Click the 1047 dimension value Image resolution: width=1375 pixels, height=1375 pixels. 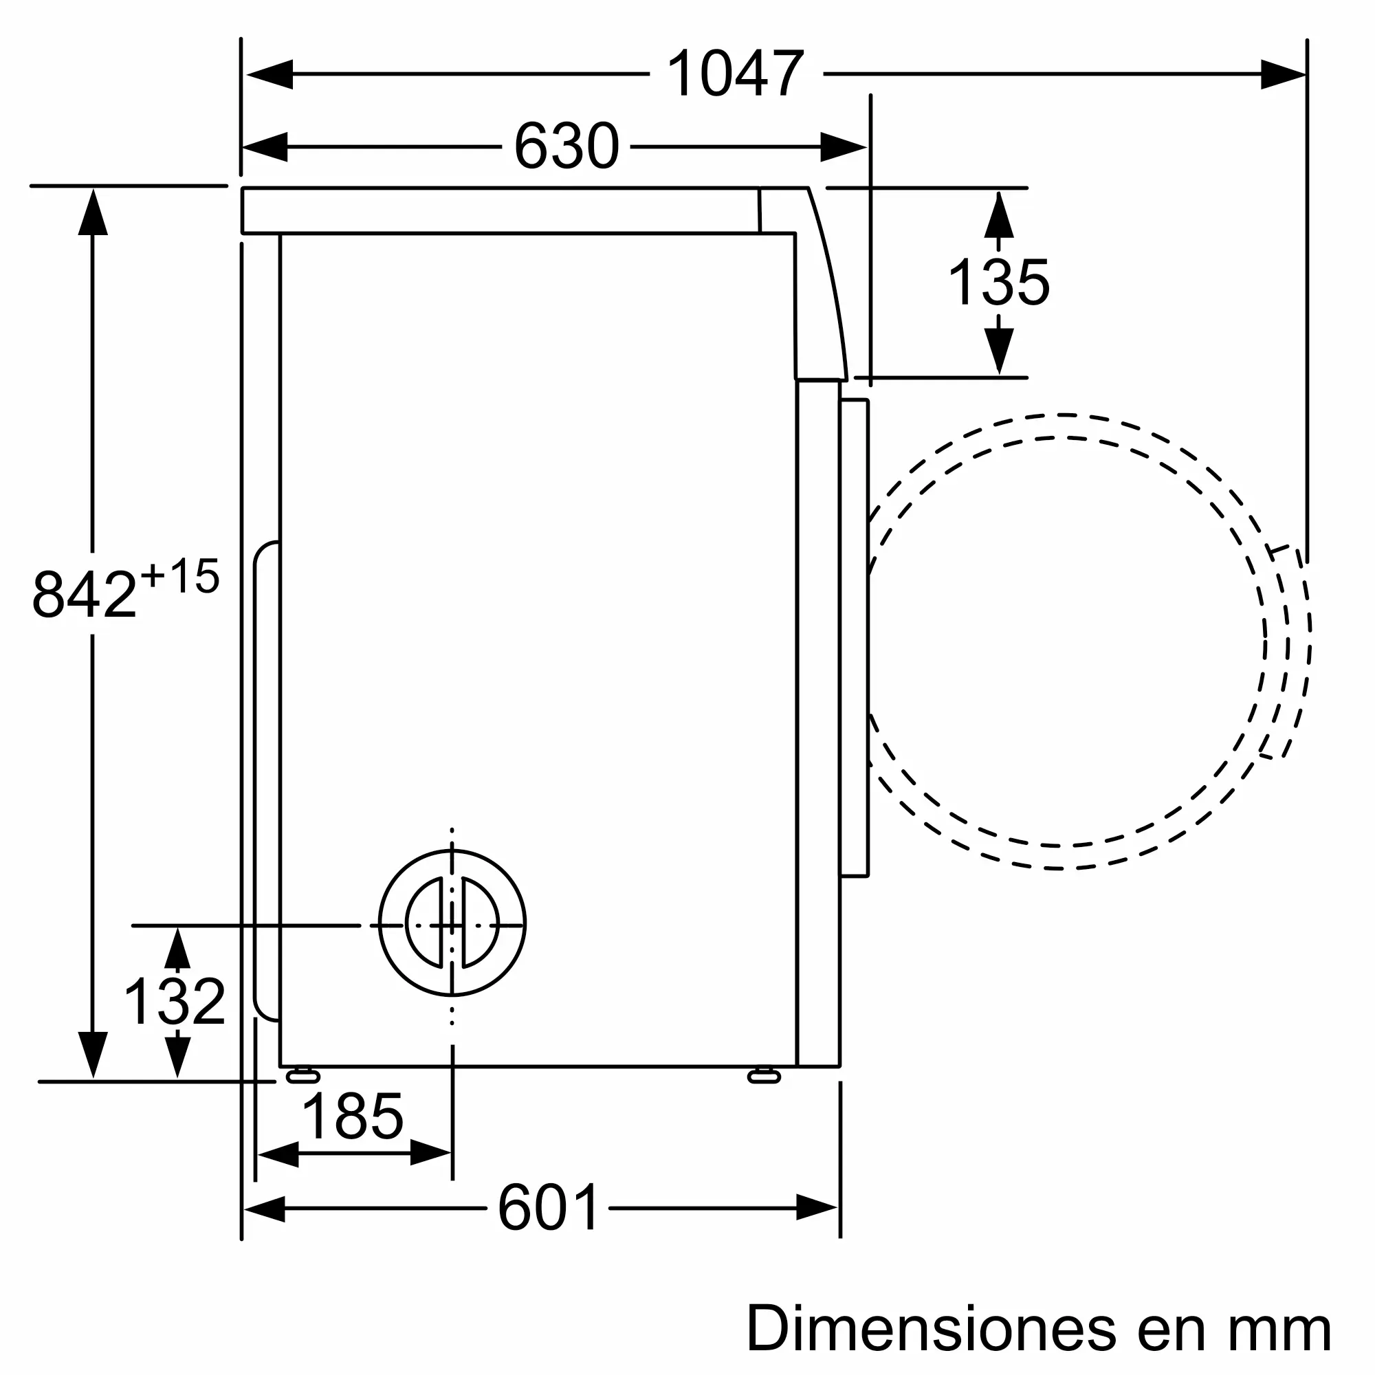pos(735,74)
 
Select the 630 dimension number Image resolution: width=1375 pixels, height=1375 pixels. pos(566,146)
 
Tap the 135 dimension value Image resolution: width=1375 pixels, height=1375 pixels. pos(998,283)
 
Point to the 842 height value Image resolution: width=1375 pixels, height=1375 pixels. pos(84,594)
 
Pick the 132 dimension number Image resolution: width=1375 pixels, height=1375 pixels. pos(175,1002)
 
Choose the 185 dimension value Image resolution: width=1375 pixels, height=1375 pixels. pos(352,1116)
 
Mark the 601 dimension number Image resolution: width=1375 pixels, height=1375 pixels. pos(548,1208)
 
